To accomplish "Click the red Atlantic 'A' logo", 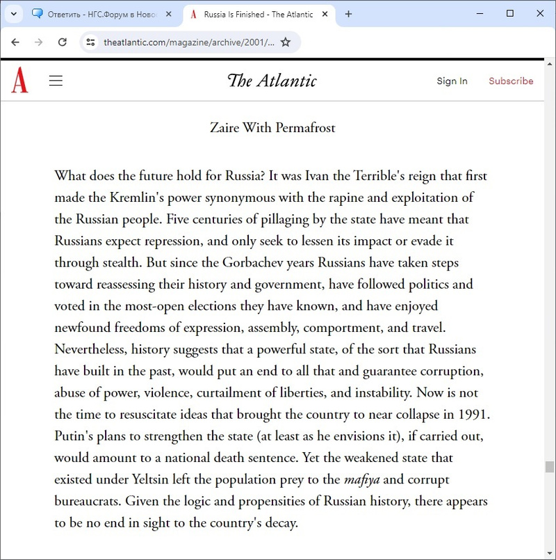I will (x=19, y=81).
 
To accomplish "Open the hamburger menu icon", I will (x=56, y=81).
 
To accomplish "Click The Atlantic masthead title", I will (x=272, y=81).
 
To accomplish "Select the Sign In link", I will (x=452, y=81).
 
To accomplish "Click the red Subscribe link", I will (x=511, y=81).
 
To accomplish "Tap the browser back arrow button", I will (x=15, y=42).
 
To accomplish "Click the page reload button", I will (x=62, y=42).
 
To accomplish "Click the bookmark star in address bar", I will (x=286, y=42).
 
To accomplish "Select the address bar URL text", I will (x=188, y=42).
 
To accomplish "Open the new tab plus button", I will (x=348, y=14).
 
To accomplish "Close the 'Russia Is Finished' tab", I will (x=328, y=14).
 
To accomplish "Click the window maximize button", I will (x=510, y=13).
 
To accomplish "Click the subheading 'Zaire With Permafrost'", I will (x=272, y=128).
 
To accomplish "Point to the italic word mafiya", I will (x=361, y=479).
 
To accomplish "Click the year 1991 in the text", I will (x=473, y=415).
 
